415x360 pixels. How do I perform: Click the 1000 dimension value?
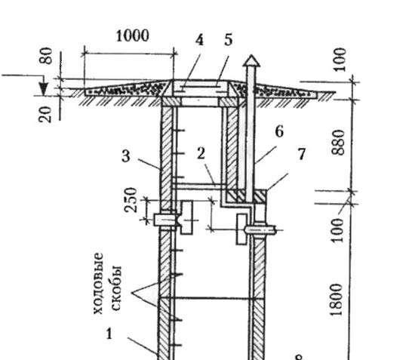point(133,35)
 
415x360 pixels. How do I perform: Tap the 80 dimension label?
point(46,56)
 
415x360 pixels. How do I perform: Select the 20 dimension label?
point(45,115)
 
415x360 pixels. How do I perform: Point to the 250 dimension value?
point(131,200)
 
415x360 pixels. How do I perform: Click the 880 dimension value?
point(339,142)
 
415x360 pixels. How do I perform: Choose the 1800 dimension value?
point(337,300)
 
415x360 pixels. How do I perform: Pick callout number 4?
point(199,41)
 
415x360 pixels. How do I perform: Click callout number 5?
point(229,40)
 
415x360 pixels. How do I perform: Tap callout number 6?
point(279,131)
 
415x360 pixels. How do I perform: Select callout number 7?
point(302,154)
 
